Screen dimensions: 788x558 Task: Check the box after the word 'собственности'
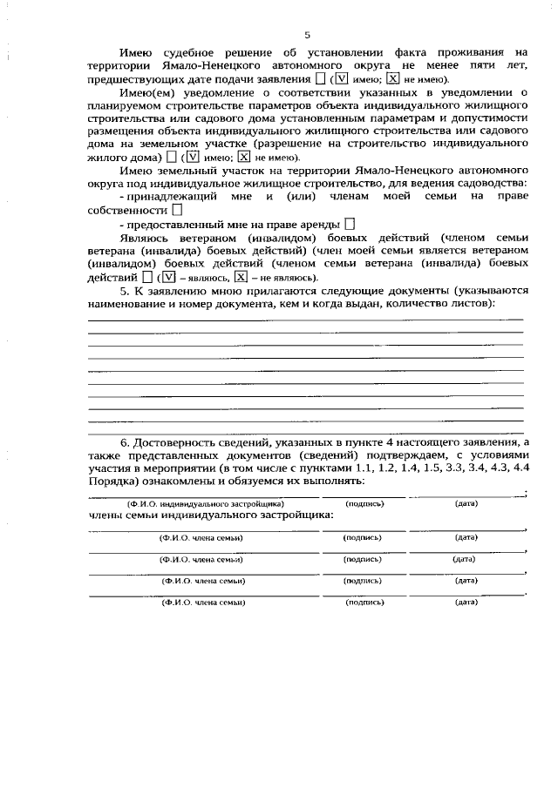tap(177, 210)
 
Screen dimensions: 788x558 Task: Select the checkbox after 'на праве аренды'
tap(349, 225)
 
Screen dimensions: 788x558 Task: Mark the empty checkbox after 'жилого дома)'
tap(171, 157)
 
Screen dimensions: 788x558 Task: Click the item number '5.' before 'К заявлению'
tap(125, 290)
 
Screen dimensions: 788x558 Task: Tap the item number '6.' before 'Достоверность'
tap(126, 442)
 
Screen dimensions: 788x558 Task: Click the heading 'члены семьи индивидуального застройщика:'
tap(211, 516)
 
